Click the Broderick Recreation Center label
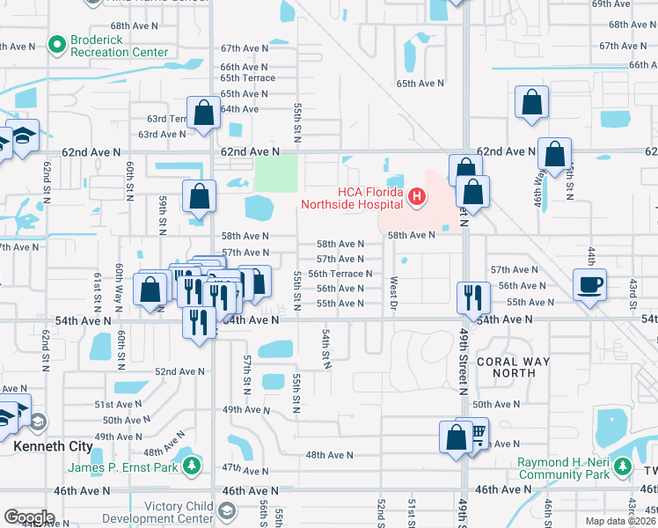coord(119,47)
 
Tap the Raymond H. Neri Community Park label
coord(563,468)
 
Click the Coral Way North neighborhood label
coord(513,367)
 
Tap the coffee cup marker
coord(589,284)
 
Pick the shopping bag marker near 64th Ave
coord(203,113)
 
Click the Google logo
coord(29,517)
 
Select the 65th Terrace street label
coord(247,78)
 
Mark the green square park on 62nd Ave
coord(275,173)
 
